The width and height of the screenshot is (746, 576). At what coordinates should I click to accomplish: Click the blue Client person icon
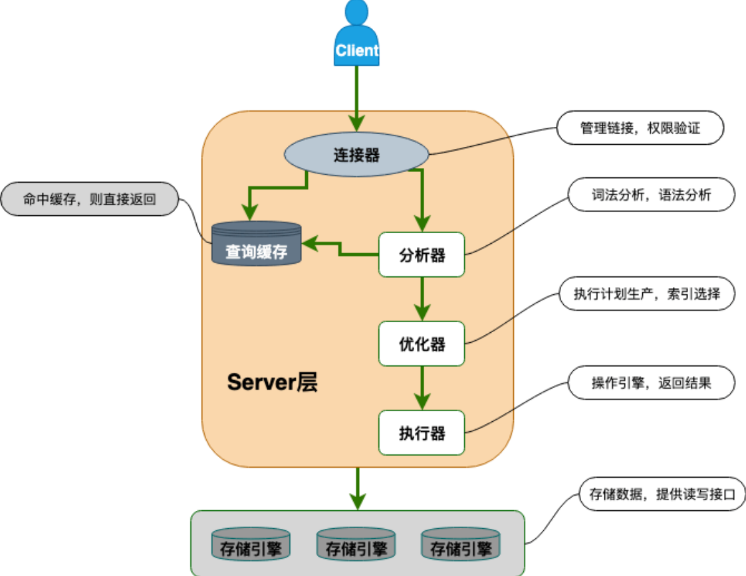pos(356,37)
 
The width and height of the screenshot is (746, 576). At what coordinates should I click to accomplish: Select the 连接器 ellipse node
pos(356,155)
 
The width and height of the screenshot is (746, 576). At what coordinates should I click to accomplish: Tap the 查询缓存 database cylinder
pos(256,244)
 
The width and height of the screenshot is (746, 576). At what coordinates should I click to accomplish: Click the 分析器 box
pos(422,254)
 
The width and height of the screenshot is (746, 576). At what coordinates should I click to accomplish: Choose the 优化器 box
pos(422,343)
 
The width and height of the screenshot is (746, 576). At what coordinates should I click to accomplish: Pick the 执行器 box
pos(422,433)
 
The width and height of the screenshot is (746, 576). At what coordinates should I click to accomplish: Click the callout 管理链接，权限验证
pos(640,128)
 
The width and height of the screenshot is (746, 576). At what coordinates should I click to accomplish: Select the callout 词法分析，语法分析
pos(651,195)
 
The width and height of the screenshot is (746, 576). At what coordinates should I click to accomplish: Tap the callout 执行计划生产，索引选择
pos(646,293)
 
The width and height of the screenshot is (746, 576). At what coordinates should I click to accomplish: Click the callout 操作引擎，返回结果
pos(651,384)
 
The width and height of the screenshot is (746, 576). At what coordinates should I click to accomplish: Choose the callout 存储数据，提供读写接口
pos(662,494)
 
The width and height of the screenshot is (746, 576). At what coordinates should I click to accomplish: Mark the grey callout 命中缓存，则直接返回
pos(89,199)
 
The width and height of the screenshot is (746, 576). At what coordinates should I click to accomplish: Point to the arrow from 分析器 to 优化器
pos(422,299)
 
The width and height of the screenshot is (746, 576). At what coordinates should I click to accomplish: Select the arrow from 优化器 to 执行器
pos(422,388)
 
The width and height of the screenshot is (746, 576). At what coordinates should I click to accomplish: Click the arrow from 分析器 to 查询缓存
pos(339,249)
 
